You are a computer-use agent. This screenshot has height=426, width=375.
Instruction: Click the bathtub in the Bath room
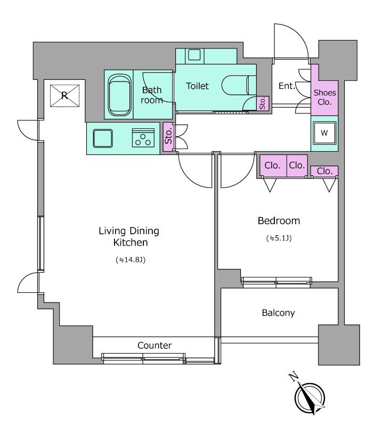pos(119,95)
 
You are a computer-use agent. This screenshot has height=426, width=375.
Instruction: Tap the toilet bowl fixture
pos(239,85)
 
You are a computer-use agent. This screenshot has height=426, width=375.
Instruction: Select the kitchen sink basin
pos(103,138)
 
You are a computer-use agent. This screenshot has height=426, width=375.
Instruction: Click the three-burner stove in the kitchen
pos(143,138)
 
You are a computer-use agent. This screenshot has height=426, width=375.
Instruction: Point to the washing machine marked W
pos(324,133)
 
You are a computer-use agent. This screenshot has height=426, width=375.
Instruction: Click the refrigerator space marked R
pos(64,96)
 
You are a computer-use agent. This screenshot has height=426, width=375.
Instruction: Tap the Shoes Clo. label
pos(325,97)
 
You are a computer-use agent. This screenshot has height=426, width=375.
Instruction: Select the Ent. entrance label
pos(287,86)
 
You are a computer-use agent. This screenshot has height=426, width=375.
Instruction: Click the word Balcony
pos(278,313)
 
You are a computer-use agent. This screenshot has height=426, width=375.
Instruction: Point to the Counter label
pos(154,345)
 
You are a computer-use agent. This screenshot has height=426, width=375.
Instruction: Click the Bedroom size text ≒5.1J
pos(279,238)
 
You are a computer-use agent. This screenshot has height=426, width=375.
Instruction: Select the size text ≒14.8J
pos(131,260)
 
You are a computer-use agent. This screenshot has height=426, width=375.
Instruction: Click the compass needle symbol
pos(310,398)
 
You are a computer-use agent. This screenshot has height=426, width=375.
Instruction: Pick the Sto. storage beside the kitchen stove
pos(168,137)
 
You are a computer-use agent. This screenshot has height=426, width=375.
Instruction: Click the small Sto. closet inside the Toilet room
pos(263,103)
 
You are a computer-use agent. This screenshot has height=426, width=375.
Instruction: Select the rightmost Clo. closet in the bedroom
pos(324,171)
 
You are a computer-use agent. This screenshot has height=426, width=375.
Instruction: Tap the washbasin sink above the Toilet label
pos(194,55)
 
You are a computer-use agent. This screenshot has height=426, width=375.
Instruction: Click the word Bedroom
pos(279,220)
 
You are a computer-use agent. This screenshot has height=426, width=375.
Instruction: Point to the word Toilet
pos(197,86)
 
